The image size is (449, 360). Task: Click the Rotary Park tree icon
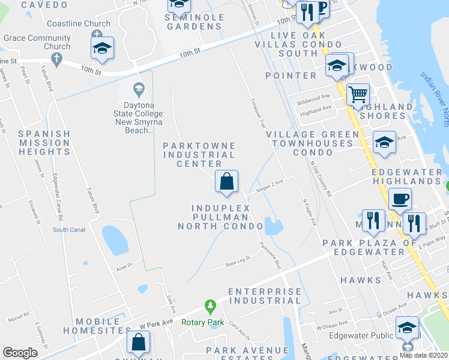tap(210, 307)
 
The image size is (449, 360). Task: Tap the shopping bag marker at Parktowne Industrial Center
tap(226, 181)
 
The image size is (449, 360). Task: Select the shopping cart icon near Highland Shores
tap(357, 94)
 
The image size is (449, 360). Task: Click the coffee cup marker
tap(400, 198)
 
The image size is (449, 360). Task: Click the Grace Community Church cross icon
tap(57, 59)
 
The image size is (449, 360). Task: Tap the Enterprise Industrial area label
tap(265, 295)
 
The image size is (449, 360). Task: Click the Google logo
tap(20, 352)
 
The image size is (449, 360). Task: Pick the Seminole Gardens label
tap(195, 22)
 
